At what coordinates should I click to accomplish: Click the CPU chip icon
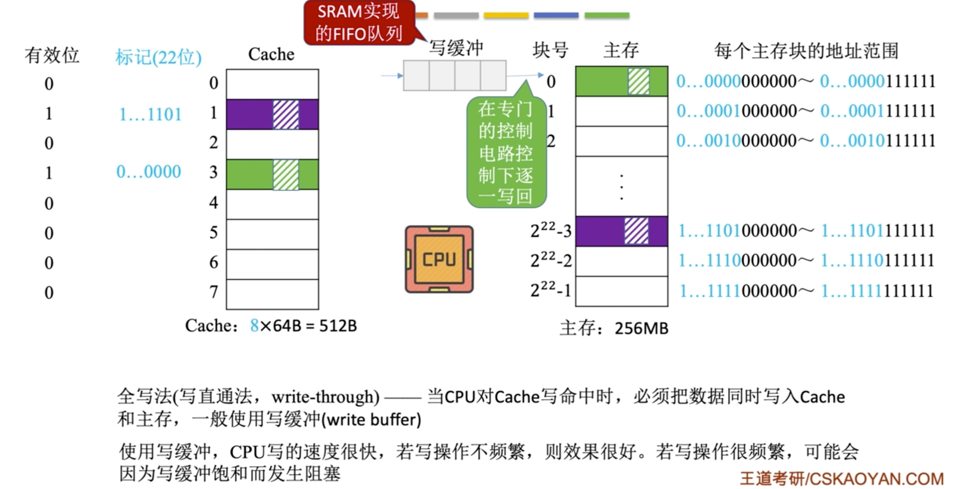pos(439,259)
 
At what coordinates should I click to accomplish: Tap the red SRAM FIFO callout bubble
pos(359,23)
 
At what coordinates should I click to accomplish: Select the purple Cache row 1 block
pos(272,114)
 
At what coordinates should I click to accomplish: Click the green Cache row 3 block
pos(272,174)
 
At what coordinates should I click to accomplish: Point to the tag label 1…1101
pos(150,114)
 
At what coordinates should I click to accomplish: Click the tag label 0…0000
pos(148,172)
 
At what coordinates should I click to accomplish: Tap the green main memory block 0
pos(621,82)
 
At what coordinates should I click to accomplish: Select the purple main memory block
pos(621,231)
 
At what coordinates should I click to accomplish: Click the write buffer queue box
pos(454,75)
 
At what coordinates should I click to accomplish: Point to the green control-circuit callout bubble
pos(506,152)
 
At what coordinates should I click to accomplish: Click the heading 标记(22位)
pos(158,57)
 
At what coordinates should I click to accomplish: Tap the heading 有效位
pos(52,55)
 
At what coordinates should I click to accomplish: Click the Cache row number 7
pos(213,292)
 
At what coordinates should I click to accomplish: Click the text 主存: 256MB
pos(614,328)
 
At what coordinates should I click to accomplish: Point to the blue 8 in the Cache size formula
pos(254,325)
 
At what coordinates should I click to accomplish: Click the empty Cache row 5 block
pos(272,234)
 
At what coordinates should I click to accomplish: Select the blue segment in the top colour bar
pos(556,15)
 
